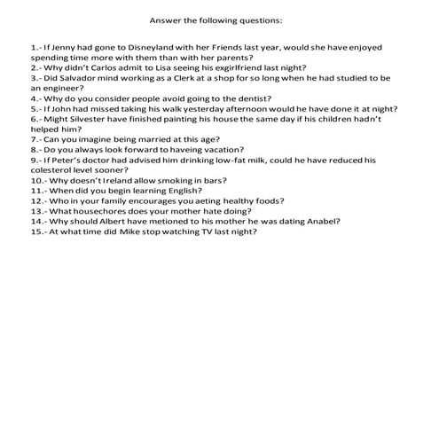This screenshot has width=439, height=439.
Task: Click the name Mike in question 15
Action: pyautogui.click(x=136, y=231)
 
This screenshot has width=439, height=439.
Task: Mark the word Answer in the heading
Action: pyautogui.click(x=165, y=19)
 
